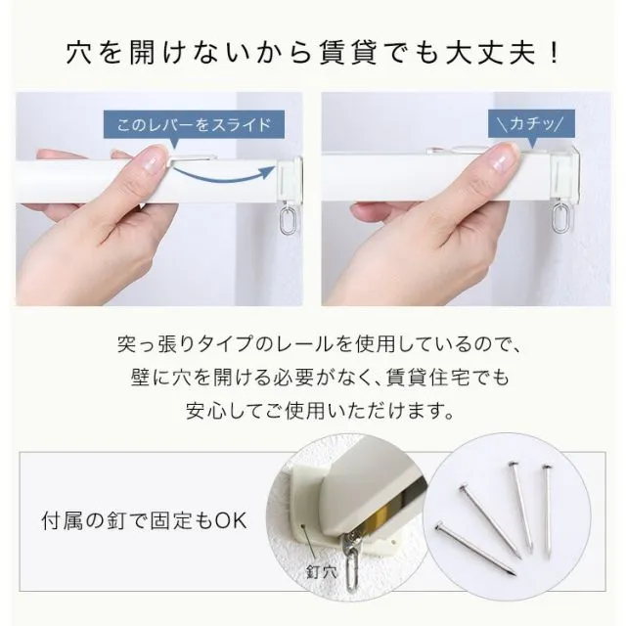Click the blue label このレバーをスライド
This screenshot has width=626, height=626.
(x=194, y=125)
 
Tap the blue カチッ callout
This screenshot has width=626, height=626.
(x=532, y=124)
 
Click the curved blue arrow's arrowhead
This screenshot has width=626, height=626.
(x=268, y=171)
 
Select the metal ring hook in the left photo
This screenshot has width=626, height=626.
(x=285, y=220)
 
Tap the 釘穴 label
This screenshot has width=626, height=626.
(x=322, y=572)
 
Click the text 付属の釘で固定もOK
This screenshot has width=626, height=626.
(x=144, y=520)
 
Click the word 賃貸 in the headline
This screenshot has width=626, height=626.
(x=346, y=53)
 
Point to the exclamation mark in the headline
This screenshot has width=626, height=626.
(x=554, y=53)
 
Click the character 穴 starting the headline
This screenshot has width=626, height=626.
(x=79, y=53)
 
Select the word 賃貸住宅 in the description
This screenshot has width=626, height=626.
(x=428, y=377)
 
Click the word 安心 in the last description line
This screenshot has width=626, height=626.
(x=205, y=410)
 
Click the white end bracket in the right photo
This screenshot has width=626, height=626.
(x=565, y=176)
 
